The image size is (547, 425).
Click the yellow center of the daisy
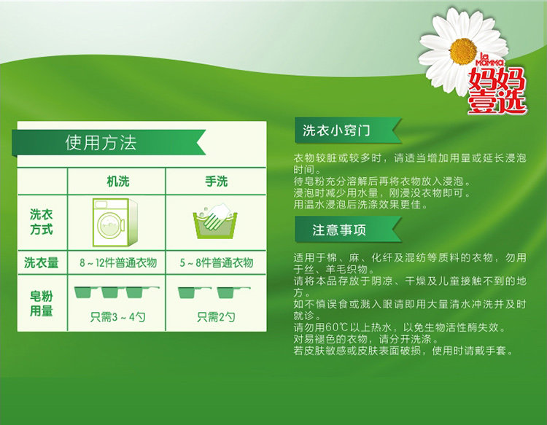point(463,51)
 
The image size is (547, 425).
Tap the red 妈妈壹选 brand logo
point(497,90)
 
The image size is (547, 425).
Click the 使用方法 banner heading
point(101,143)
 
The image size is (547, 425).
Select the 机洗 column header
point(118,182)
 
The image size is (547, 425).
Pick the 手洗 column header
point(217,182)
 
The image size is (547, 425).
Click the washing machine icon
point(115,222)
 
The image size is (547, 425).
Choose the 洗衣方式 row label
point(41,222)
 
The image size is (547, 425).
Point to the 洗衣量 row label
point(41,262)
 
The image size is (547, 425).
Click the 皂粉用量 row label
point(41,303)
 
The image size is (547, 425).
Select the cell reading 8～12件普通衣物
point(118,262)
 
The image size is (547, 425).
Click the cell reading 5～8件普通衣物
point(217,262)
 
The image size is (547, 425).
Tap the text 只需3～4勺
point(117,317)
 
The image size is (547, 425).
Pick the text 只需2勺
point(216,317)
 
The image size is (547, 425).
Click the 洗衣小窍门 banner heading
point(336,130)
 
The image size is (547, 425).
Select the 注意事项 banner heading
point(339,230)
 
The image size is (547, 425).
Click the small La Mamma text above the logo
point(490,60)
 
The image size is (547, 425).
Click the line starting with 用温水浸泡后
point(360,204)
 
